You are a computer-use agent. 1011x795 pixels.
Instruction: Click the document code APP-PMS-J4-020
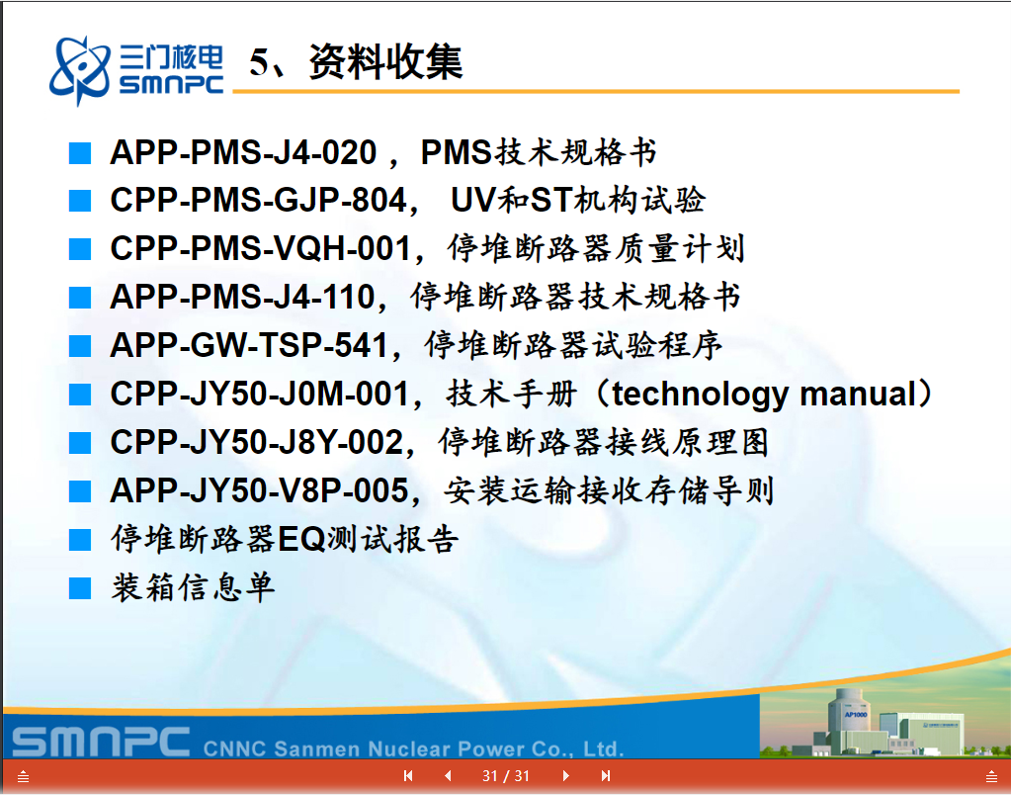[243, 153]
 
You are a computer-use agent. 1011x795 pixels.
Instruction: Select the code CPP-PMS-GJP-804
[259, 200]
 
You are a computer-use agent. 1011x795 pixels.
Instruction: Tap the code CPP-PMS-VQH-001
[261, 248]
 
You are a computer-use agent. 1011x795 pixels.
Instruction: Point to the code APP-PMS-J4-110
[242, 297]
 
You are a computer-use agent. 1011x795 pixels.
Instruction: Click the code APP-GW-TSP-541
[249, 345]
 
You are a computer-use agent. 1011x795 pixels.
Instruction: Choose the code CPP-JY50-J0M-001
[260, 394]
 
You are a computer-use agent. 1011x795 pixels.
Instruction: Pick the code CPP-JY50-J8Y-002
[257, 442]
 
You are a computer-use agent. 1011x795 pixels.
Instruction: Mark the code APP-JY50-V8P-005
[259, 490]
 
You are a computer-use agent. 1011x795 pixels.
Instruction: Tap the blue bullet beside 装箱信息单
[80, 588]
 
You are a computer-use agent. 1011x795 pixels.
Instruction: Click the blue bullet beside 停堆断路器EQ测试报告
[80, 540]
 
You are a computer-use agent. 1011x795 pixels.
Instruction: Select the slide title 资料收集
[385, 62]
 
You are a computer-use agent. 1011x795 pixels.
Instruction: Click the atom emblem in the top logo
[80, 70]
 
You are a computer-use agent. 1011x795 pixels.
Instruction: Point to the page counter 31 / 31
[506, 775]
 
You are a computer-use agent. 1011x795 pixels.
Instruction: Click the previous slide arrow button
[448, 775]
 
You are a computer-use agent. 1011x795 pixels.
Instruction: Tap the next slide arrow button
[565, 775]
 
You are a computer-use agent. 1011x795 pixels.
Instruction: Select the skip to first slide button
[408, 775]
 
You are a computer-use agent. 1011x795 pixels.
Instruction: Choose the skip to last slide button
[606, 775]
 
